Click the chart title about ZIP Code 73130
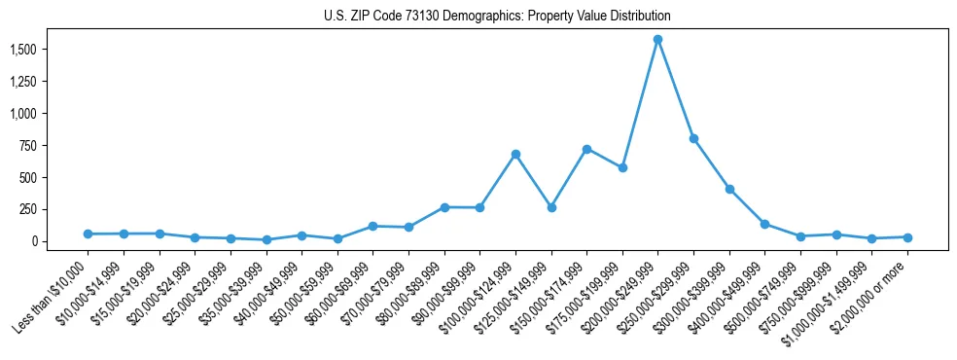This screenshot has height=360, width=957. tap(497, 17)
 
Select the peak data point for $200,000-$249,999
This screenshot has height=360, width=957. tap(658, 39)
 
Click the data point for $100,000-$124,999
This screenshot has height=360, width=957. tap(515, 154)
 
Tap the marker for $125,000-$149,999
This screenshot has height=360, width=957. tap(551, 207)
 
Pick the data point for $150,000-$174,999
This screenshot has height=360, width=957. tap(586, 149)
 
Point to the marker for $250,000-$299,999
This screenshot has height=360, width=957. tap(693, 138)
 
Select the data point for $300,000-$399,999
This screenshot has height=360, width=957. tap(729, 189)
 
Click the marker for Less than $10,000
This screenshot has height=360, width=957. tap(88, 234)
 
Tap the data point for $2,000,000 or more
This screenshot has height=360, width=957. tap(907, 237)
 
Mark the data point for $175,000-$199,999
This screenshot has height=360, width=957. tap(622, 167)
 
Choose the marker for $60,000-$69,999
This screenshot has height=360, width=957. tap(372, 226)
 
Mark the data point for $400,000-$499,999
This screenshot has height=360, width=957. tap(764, 224)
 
